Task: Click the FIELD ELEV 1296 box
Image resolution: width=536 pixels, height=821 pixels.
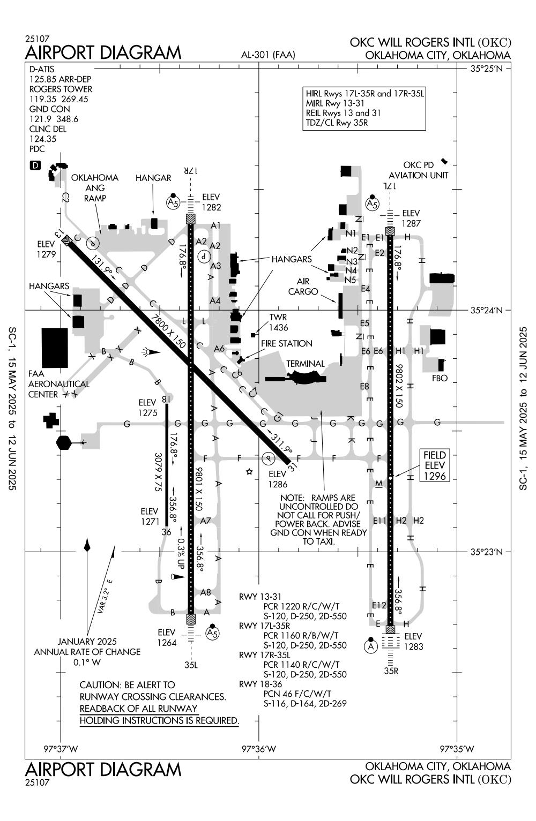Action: [x=434, y=466]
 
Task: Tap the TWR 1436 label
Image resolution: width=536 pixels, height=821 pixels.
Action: [x=279, y=322]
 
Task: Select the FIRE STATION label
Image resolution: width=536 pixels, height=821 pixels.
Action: [x=286, y=343]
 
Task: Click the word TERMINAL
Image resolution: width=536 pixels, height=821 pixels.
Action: [x=305, y=364]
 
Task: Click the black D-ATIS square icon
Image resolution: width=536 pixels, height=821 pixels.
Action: [x=35, y=165]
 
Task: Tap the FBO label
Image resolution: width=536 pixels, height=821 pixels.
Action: [x=440, y=378]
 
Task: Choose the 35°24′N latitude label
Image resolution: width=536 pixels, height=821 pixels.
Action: [x=486, y=310]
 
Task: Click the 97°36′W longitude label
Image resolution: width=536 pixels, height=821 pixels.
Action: [x=259, y=748]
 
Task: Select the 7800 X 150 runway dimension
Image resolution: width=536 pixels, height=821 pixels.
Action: [x=168, y=332]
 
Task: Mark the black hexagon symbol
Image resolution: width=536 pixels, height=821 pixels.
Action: [x=63, y=442]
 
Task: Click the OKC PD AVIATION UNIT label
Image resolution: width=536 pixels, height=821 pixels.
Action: [x=418, y=170]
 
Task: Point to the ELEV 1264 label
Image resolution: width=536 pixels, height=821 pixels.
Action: [x=167, y=637]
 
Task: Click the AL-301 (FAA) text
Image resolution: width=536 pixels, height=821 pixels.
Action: [x=268, y=55]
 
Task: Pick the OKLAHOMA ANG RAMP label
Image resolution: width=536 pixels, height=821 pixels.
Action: [x=95, y=187]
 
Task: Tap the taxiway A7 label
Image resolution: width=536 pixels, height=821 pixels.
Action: [x=206, y=521]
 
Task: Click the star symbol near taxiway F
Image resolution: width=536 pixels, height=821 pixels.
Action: [x=249, y=472]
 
